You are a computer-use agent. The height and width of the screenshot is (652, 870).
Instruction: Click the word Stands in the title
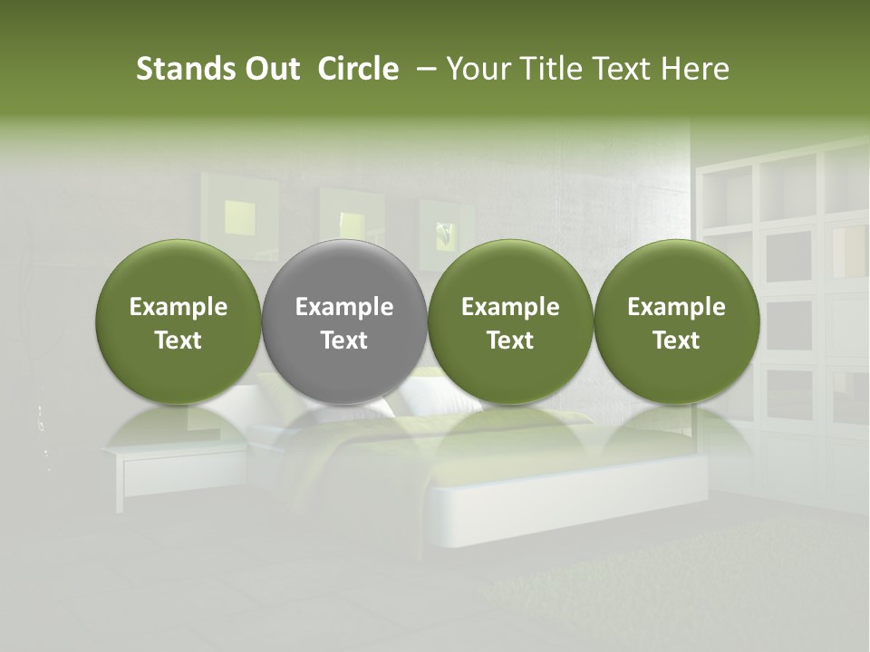click(178, 70)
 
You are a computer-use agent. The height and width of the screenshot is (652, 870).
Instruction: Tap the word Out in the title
click(270, 70)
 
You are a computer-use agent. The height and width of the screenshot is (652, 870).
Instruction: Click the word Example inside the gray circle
click(344, 308)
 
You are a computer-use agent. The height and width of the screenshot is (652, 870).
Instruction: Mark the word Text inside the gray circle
click(344, 340)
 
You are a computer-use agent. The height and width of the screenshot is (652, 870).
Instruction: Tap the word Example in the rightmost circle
click(676, 308)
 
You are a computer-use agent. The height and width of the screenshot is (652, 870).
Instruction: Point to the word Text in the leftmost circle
click(178, 340)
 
